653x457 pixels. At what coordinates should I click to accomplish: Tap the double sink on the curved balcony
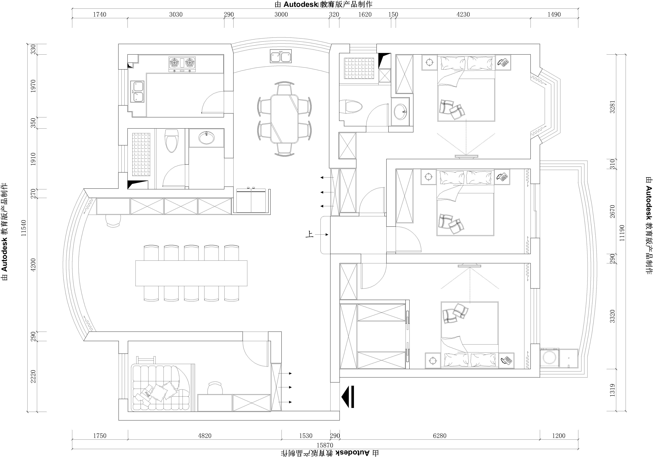[281, 56]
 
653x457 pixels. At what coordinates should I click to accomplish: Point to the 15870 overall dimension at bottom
[325, 445]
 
